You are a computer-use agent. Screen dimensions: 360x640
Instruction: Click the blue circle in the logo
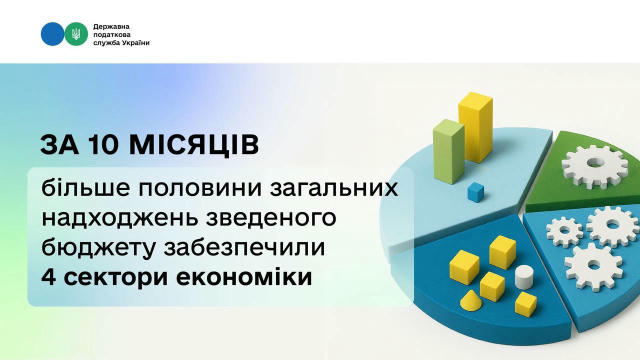[52, 34]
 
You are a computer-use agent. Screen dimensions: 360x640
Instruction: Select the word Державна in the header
[115, 22]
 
